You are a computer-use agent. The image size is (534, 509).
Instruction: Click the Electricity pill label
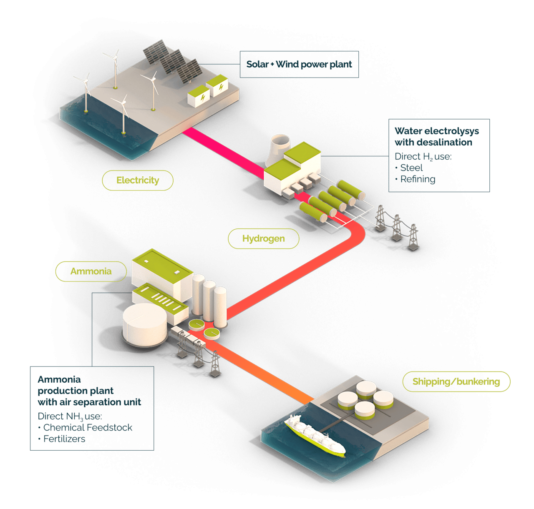pyautogui.click(x=138, y=181)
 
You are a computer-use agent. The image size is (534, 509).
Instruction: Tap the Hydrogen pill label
pyautogui.click(x=263, y=239)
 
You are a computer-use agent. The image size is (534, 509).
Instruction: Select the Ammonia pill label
pyautogui.click(x=91, y=271)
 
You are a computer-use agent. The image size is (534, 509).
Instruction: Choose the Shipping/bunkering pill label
pyautogui.click(x=456, y=381)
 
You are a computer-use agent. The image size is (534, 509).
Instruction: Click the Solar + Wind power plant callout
pyautogui.click(x=299, y=64)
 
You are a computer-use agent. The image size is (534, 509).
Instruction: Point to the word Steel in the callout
pyautogui.click(x=411, y=168)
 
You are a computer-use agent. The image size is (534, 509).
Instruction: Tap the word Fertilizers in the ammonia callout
pyautogui.click(x=65, y=439)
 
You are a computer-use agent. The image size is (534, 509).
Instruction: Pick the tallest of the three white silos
pyautogui.click(x=198, y=294)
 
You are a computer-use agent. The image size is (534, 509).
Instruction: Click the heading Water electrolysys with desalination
pyautogui.click(x=436, y=137)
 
